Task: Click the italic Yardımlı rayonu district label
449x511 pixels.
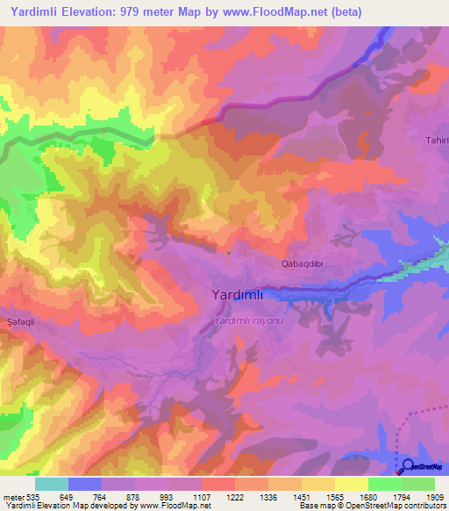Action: coord(250,321)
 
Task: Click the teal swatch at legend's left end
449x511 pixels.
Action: coord(52,484)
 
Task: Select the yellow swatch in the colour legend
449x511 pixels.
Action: coord(352,484)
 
